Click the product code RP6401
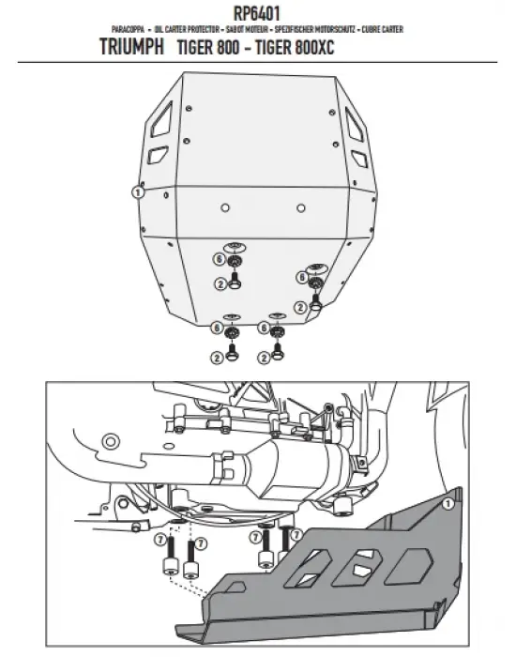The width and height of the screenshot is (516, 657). [x=257, y=13]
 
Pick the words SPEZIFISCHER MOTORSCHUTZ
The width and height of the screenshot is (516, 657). [x=313, y=30]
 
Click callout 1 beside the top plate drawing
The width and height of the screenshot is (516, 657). [x=137, y=191]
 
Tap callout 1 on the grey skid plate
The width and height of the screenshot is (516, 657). [x=448, y=503]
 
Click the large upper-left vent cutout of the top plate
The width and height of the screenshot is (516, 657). [x=160, y=121]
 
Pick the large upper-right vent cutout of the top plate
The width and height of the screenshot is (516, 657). [x=356, y=121]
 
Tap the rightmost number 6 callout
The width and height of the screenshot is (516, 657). [x=301, y=277]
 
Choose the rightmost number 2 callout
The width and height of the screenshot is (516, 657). [x=301, y=306]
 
